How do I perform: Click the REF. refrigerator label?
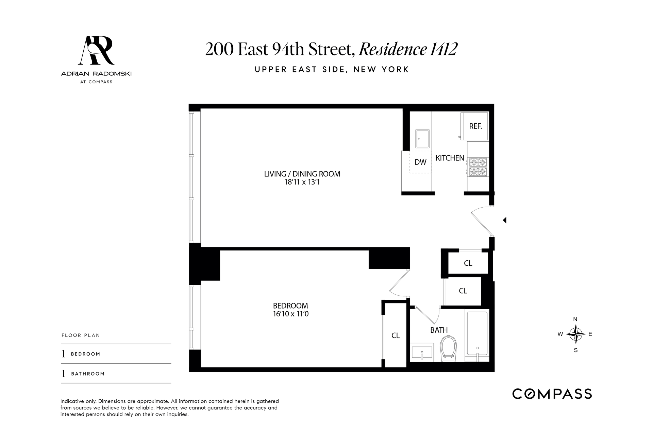[x=475, y=126]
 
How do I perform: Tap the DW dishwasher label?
[x=420, y=162]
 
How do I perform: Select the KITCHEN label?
[x=450, y=158]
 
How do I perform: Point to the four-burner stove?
[x=478, y=167]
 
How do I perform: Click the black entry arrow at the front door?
[x=505, y=220]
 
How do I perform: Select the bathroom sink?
[x=422, y=353]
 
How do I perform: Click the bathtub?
[x=477, y=333]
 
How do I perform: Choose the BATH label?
[x=439, y=330]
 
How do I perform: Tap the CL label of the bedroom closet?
[x=395, y=336]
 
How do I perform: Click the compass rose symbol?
[x=575, y=334]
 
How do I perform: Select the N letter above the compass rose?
[x=575, y=319]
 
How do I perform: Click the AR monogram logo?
[x=96, y=50]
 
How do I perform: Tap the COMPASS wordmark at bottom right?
[x=552, y=394]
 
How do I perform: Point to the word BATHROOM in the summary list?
[x=88, y=374]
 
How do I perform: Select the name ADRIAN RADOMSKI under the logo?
[x=96, y=73]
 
